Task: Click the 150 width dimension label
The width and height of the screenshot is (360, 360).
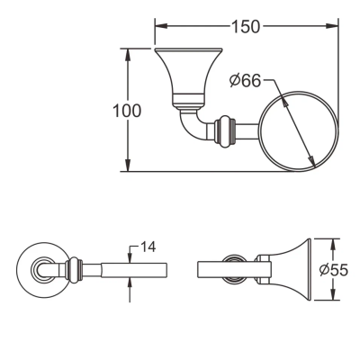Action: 245,26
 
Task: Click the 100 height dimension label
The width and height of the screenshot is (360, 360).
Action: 127,111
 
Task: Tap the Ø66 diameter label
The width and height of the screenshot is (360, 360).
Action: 245,80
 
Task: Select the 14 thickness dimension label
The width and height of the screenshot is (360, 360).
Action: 148,247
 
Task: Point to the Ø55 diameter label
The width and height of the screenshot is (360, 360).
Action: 334,270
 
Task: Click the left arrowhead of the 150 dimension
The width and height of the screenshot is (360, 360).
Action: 161,26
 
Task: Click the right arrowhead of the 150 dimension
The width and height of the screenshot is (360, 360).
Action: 332,26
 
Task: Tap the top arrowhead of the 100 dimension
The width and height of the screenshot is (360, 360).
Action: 128,54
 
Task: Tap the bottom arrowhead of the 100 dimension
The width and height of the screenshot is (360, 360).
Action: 128,166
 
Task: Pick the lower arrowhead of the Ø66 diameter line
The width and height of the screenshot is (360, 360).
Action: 312,160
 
